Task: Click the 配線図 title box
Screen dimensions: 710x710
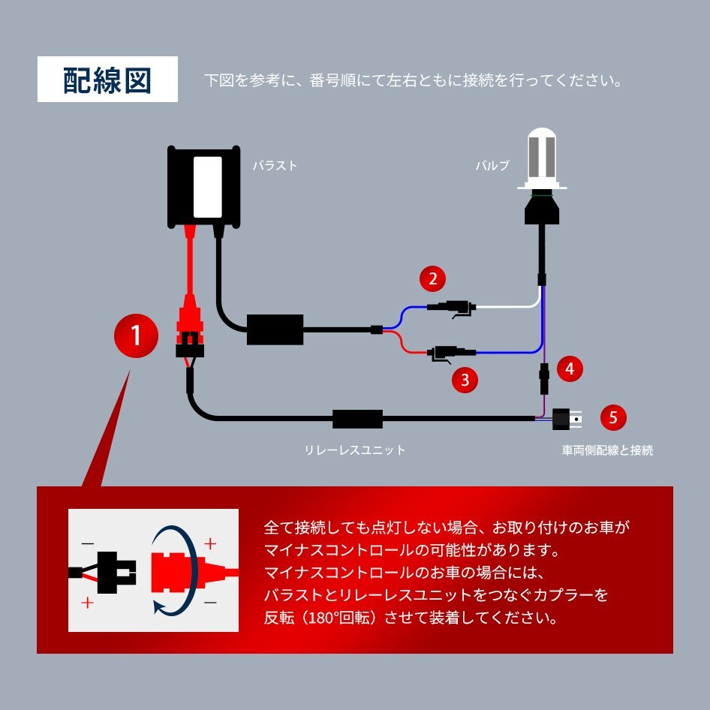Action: (x=107, y=80)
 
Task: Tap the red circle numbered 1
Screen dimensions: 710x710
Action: (x=136, y=335)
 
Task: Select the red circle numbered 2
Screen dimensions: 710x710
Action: (x=432, y=279)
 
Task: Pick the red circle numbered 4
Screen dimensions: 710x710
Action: (x=570, y=369)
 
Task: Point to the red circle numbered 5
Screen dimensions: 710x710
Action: (x=613, y=417)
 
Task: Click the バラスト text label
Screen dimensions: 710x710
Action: (x=275, y=166)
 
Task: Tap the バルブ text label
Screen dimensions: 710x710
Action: (x=492, y=166)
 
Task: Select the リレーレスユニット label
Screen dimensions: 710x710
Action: (x=354, y=450)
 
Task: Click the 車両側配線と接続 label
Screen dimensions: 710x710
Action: (x=607, y=450)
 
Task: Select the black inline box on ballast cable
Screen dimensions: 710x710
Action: (x=275, y=329)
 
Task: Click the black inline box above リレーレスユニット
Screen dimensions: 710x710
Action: (x=357, y=419)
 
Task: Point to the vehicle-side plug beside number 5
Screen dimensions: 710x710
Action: (x=567, y=418)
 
